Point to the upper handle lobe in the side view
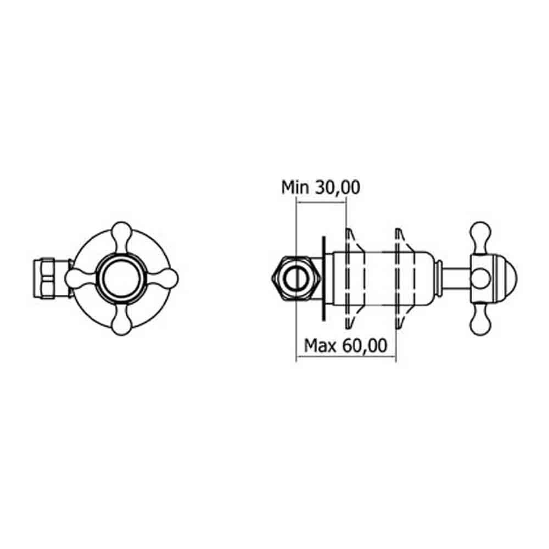(481, 233)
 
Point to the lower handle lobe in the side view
(481, 324)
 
